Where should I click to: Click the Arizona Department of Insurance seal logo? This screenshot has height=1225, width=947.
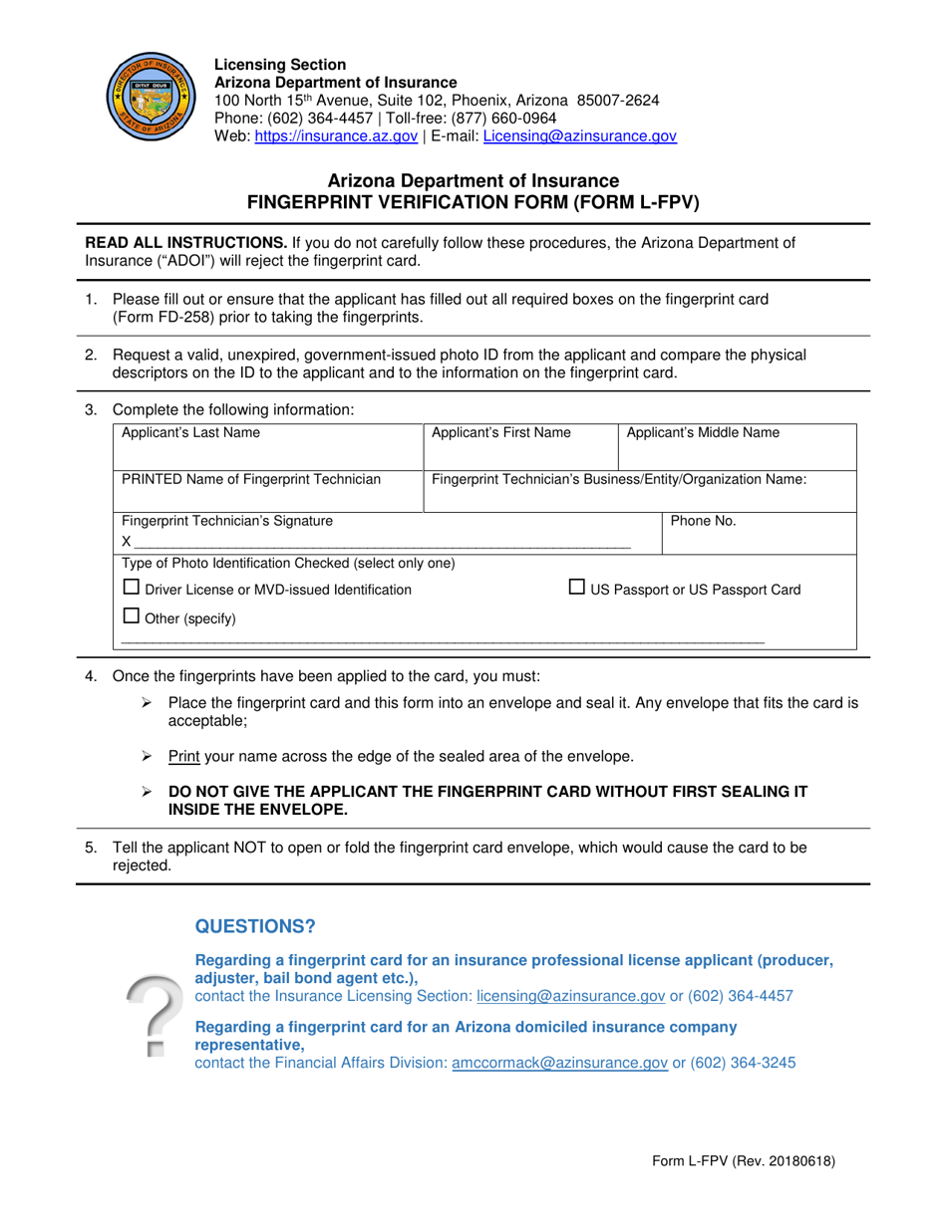[146, 98]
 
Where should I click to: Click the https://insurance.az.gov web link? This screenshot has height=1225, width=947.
[336, 137]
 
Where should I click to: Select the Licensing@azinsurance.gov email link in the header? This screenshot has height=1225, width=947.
[579, 137]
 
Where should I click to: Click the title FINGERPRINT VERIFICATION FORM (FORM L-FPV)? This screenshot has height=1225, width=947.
[473, 201]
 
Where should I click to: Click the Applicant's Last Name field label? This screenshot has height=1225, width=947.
[190, 433]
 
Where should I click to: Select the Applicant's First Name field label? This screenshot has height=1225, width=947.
[500, 433]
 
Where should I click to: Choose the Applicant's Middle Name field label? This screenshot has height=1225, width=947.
[703, 433]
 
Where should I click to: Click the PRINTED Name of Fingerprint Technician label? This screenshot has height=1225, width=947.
[250, 480]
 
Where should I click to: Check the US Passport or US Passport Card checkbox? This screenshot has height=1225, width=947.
[577, 588]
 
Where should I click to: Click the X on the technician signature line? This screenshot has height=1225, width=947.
[127, 542]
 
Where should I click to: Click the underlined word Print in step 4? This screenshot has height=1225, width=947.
[184, 757]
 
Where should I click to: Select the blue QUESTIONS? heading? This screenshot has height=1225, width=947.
[255, 927]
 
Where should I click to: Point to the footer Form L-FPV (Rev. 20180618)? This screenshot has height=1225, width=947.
[743, 1161]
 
